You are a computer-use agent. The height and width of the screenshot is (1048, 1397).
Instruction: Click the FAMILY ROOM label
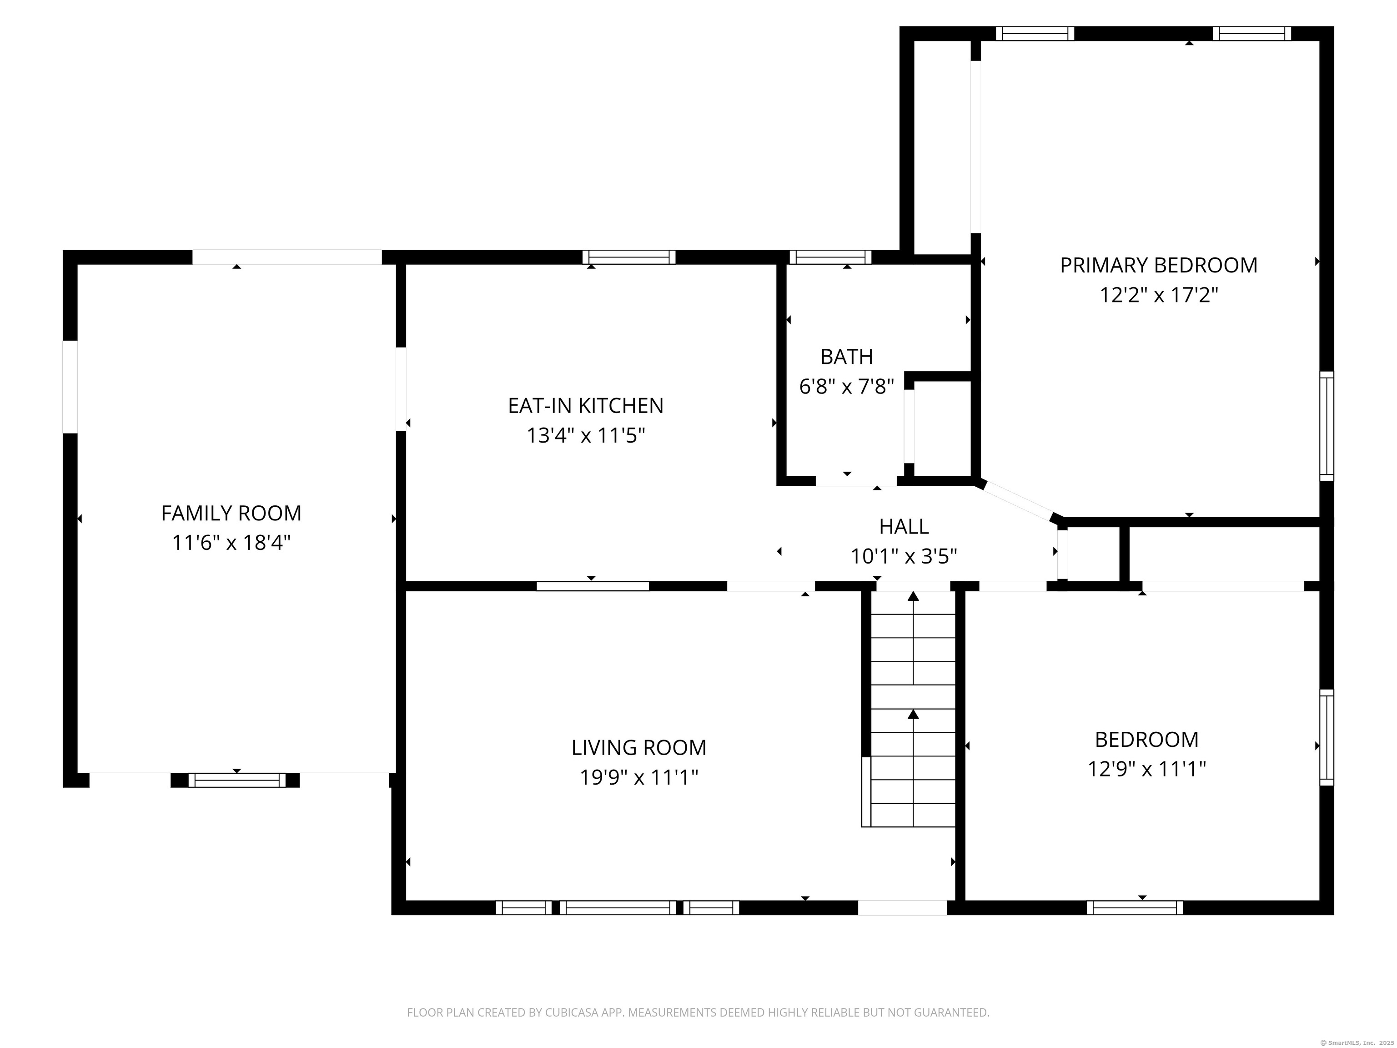pos(231,513)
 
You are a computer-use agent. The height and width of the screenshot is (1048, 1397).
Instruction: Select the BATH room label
pos(846,357)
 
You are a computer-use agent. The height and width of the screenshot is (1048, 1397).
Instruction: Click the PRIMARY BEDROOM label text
pos(1158,265)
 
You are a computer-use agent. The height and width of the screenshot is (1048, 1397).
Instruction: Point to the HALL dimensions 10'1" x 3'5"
pos(903,556)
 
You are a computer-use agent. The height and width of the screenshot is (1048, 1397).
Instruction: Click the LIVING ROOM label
pos(638,747)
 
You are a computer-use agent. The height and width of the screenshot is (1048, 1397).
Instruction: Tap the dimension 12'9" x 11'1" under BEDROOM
pos(1146,769)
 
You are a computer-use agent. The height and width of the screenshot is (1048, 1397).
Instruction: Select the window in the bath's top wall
pos(830,257)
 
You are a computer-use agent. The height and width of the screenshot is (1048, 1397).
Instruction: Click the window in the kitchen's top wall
pos(628,257)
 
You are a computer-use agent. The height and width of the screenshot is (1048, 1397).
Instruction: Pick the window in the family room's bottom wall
pos(237,780)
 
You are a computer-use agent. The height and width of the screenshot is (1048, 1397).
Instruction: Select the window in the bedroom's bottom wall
pos(1135,908)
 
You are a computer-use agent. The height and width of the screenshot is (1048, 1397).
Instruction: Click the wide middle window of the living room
pos(618,908)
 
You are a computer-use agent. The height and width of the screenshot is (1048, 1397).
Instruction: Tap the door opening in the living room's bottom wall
pos(902,908)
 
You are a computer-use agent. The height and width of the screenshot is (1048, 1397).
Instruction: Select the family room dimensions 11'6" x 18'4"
pos(231,543)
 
